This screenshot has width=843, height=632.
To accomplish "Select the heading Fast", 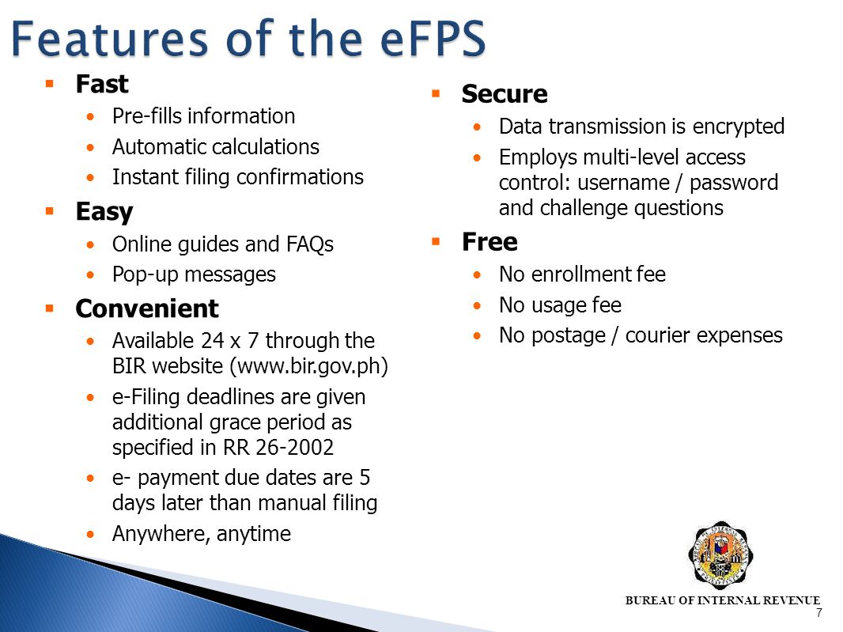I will pos(102,83).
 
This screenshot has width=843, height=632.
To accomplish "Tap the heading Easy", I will pos(104,212).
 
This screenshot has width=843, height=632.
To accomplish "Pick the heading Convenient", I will pos(147,308).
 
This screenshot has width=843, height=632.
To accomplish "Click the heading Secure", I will pos(505,94).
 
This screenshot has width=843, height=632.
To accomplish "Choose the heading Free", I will pos(490,241).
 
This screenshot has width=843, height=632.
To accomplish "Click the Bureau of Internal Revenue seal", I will pos(720,554).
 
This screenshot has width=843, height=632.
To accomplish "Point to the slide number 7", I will pos(818,613).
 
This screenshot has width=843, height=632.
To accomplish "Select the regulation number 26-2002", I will pos(295,447).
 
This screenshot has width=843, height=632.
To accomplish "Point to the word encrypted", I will pos(739,127).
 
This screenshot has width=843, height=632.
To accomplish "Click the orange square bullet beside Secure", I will pos(435,94).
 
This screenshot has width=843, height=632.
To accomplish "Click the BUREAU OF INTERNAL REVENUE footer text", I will pos(723,600).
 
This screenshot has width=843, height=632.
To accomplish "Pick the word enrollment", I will pos(580,274).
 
